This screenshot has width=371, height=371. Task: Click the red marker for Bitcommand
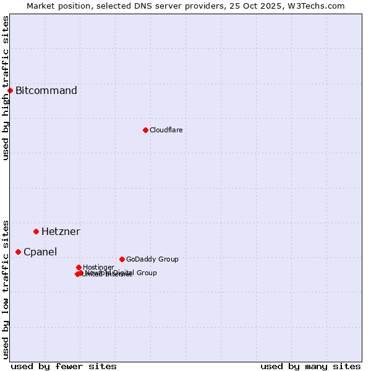pyautogui.click(x=10, y=90)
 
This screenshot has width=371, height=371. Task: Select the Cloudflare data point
pyautogui.click(x=145, y=130)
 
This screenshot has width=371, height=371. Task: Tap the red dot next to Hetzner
pyautogui.click(x=36, y=231)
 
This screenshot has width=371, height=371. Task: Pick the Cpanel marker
pyautogui.click(x=18, y=252)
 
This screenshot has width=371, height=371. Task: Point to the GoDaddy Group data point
pyautogui.click(x=122, y=259)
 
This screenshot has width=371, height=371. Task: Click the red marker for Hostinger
pyautogui.click(x=79, y=267)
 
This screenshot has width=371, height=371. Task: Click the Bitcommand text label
pyautogui.click(x=46, y=91)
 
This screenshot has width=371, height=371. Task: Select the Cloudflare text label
pyautogui.click(x=166, y=130)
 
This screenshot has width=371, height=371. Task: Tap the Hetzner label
pyautogui.click(x=61, y=232)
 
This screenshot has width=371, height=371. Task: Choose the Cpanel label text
pyautogui.click(x=40, y=252)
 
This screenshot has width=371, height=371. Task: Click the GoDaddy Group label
pyautogui.click(x=152, y=259)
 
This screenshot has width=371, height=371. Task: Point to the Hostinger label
pyautogui.click(x=98, y=267)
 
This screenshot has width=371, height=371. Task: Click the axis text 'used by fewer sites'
pyautogui.click(x=64, y=366)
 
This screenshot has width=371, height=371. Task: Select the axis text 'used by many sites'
pyautogui.click(x=310, y=366)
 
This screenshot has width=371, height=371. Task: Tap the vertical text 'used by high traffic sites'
pyautogui.click(x=6, y=88)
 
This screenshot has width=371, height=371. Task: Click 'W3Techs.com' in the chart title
pyautogui.click(x=319, y=6)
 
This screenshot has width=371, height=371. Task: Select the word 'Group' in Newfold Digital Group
pyautogui.click(x=147, y=273)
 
